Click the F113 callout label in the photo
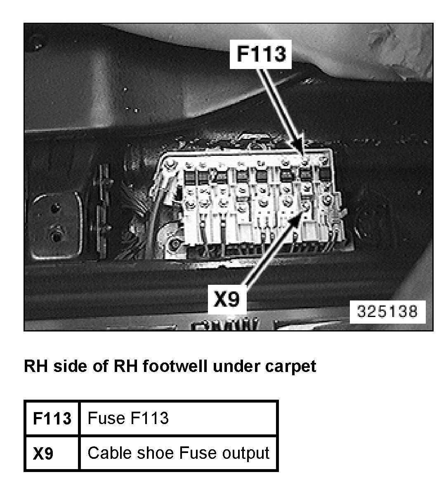261,54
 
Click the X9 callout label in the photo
226,299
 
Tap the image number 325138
387,311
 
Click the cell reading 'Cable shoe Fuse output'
178,453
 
